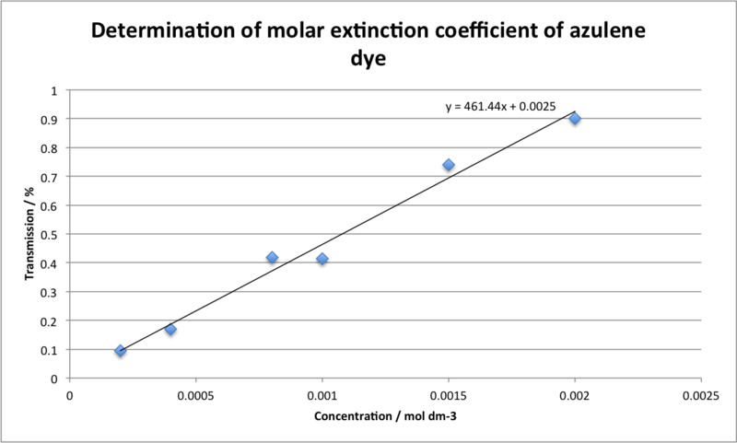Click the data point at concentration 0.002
pos(575,119)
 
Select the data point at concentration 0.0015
pos(449,165)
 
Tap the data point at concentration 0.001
pos(322,259)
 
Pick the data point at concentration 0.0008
pos(272,258)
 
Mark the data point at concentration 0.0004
pos(170,330)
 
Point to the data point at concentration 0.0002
pos(121,351)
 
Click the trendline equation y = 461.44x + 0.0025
pos(500,107)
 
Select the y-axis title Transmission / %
pos(29,234)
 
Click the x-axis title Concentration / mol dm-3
pos(385,416)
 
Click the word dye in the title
pos(368,59)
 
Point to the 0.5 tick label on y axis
pos(50,235)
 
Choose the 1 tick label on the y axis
pos(54,90)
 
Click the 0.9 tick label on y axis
pos(50,120)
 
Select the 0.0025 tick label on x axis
pos(701,396)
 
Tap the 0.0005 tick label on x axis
pos(195,396)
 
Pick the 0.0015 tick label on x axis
pos(449,396)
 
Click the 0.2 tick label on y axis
pos(50,321)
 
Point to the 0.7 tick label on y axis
pos(50,177)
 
